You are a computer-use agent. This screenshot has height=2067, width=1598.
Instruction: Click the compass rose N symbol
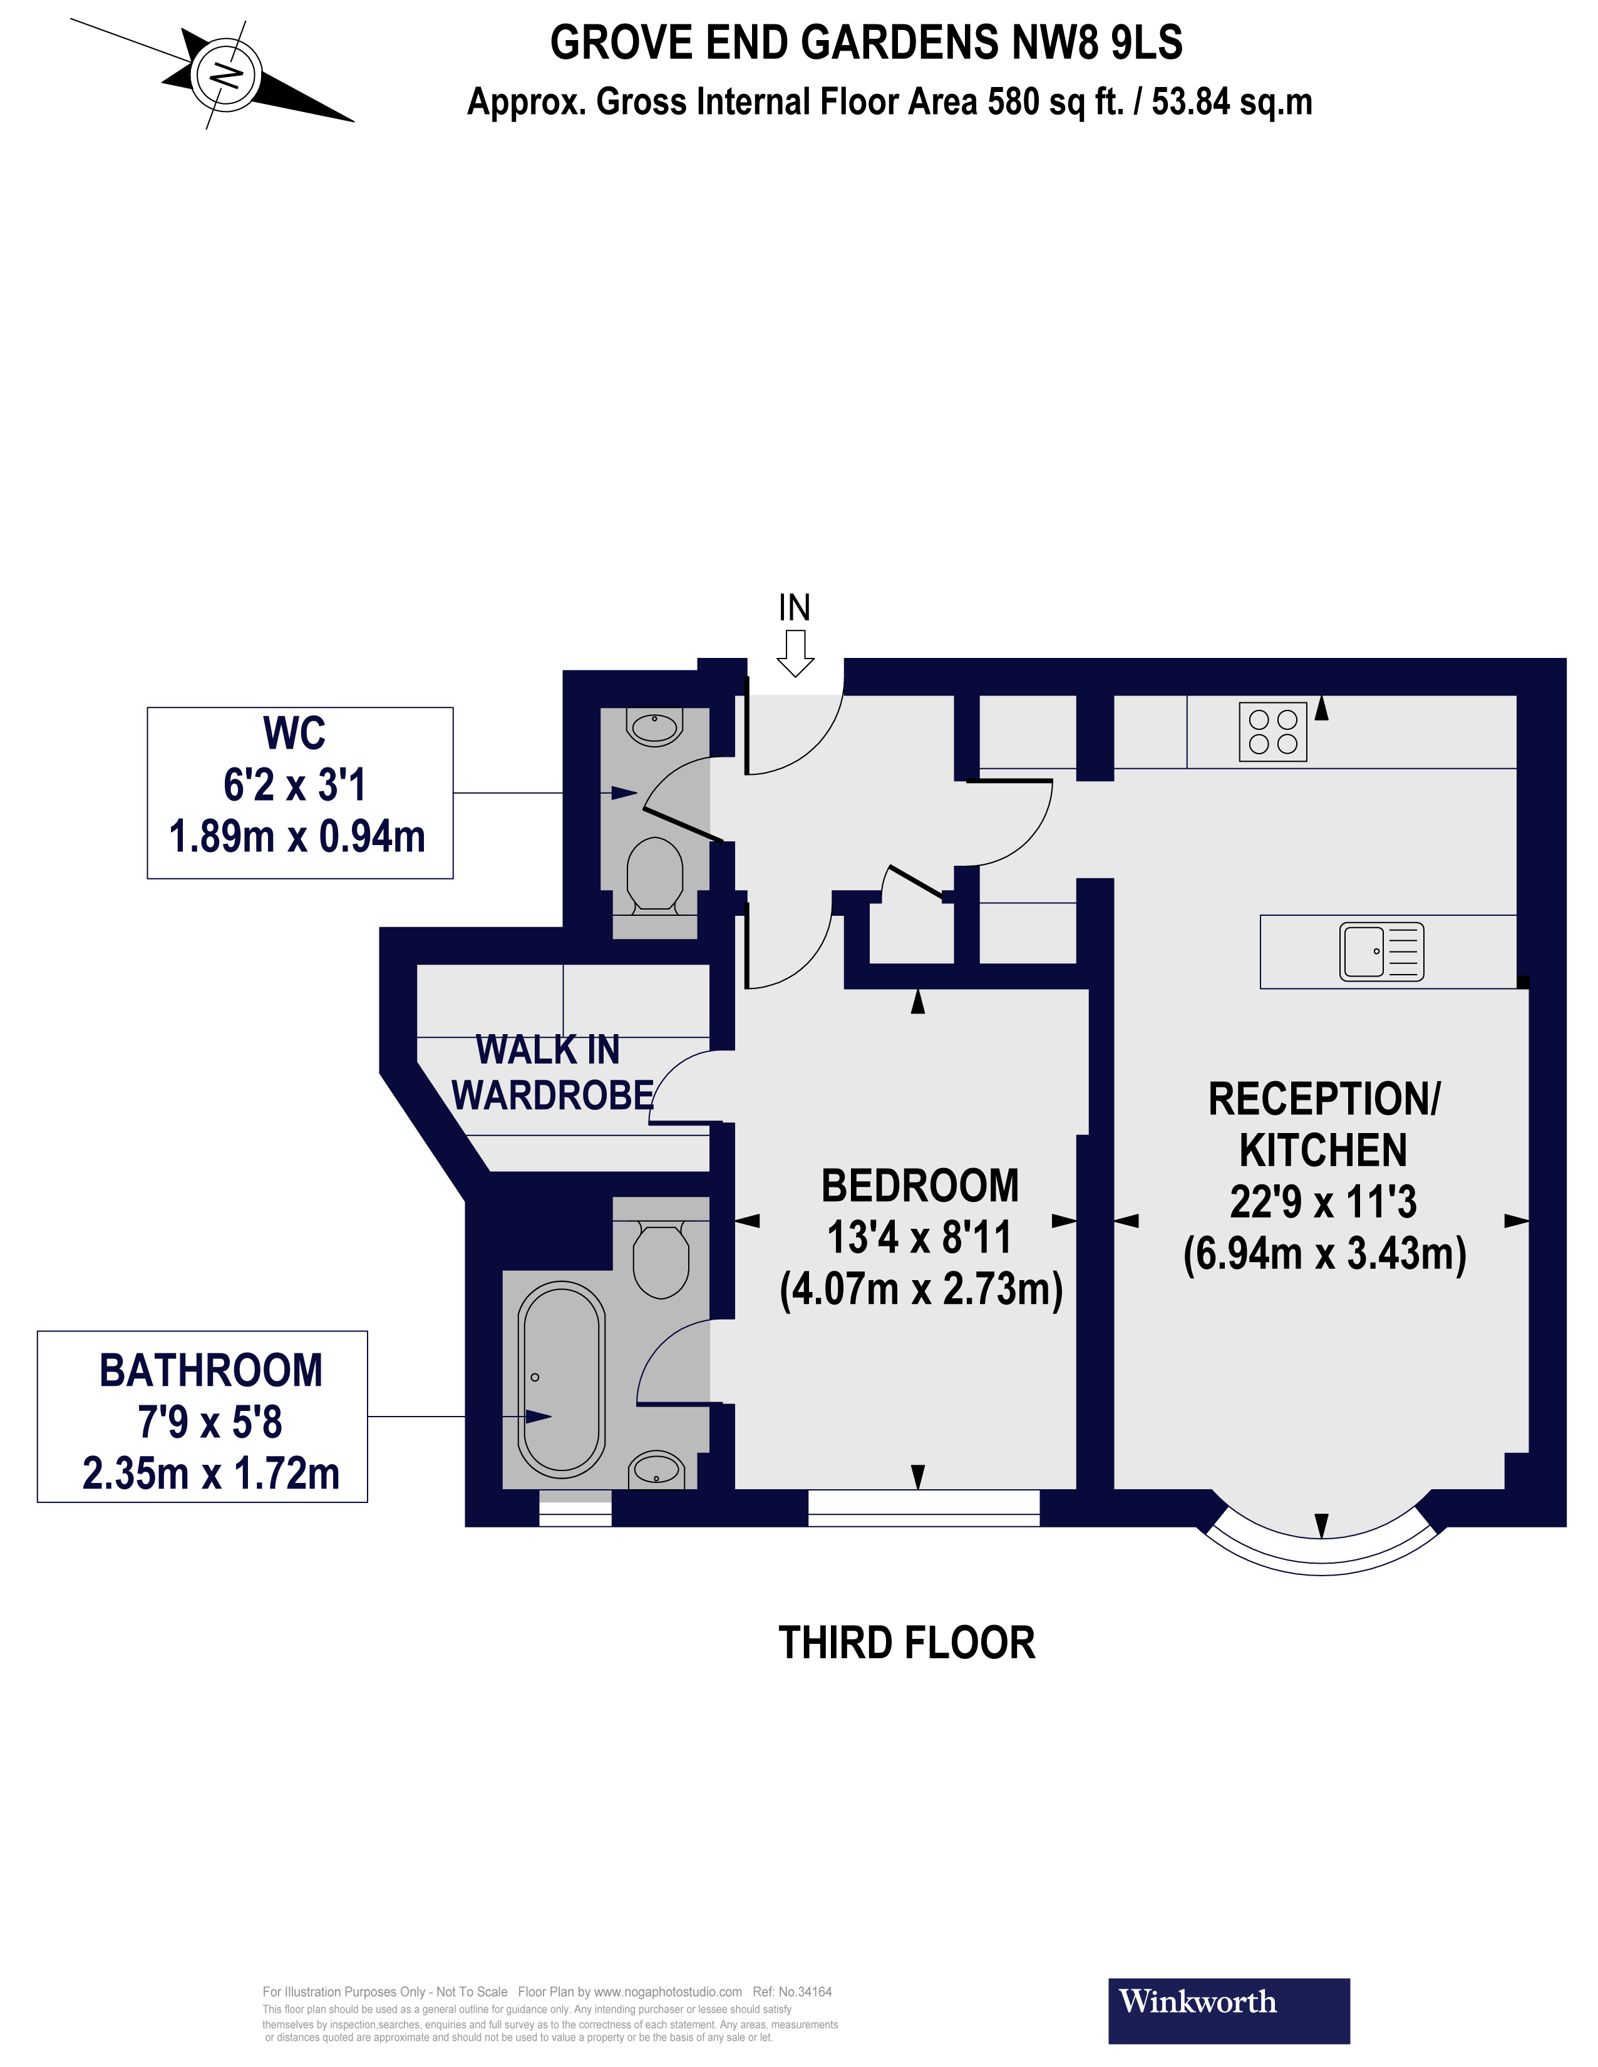pyautogui.click(x=225, y=74)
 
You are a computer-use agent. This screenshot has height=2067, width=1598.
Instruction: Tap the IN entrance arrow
pyautogui.click(x=794, y=652)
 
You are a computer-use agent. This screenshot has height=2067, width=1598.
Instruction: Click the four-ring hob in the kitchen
pyautogui.click(x=1272, y=732)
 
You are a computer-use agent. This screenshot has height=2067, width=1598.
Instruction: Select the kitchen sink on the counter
pyautogui.click(x=1381, y=951)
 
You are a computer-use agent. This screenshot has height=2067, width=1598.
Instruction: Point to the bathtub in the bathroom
pyautogui.click(x=562, y=1379)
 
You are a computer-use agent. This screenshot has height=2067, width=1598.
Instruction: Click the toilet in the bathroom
pyautogui.click(x=661, y=1259)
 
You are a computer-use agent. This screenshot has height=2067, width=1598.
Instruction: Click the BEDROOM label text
pyautogui.click(x=919, y=1186)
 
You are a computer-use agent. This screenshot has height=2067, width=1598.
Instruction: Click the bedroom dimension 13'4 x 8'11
pyautogui.click(x=919, y=1237)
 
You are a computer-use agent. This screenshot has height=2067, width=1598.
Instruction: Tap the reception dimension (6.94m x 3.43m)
pyautogui.click(x=1324, y=1254)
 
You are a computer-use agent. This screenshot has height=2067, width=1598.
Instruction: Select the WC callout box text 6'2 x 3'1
pyautogui.click(x=294, y=784)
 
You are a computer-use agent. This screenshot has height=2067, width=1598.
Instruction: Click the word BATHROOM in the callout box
pyautogui.click(x=210, y=1370)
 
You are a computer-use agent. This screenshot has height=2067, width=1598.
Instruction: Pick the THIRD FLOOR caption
pyautogui.click(x=906, y=1642)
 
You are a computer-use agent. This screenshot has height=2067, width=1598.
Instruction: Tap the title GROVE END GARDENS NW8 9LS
pyautogui.click(x=866, y=43)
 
